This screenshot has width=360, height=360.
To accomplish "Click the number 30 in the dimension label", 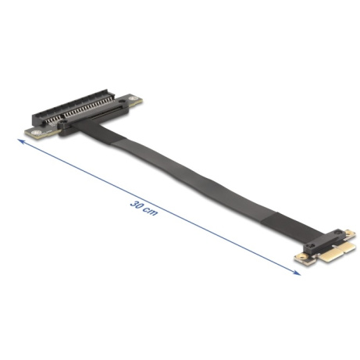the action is (137, 205).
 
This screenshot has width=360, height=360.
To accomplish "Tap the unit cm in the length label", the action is (151, 212).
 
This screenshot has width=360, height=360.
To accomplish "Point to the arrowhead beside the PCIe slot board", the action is (21, 141).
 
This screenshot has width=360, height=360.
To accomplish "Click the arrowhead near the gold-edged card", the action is (297, 273).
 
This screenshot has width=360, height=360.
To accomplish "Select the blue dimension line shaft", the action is (159, 207).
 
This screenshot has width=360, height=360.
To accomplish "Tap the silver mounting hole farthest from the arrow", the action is (134, 99).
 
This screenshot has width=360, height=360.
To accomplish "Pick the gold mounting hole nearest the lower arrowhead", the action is (301, 258).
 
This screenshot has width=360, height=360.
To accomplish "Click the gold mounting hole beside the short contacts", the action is (349, 232).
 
